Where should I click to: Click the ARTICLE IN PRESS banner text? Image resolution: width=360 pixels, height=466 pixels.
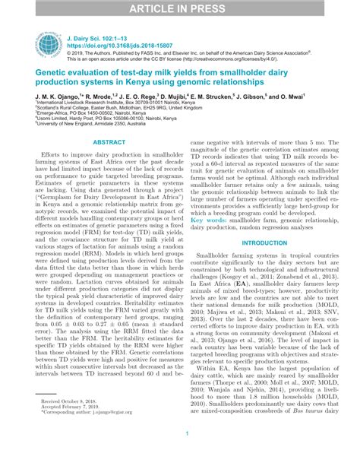pos(179,8)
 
